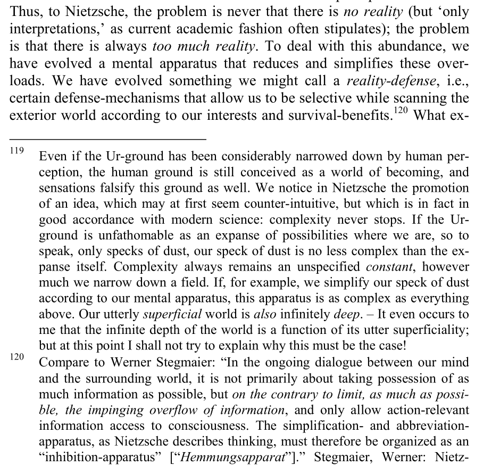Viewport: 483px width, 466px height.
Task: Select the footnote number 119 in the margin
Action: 17,151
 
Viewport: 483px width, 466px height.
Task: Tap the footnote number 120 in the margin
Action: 17,356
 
